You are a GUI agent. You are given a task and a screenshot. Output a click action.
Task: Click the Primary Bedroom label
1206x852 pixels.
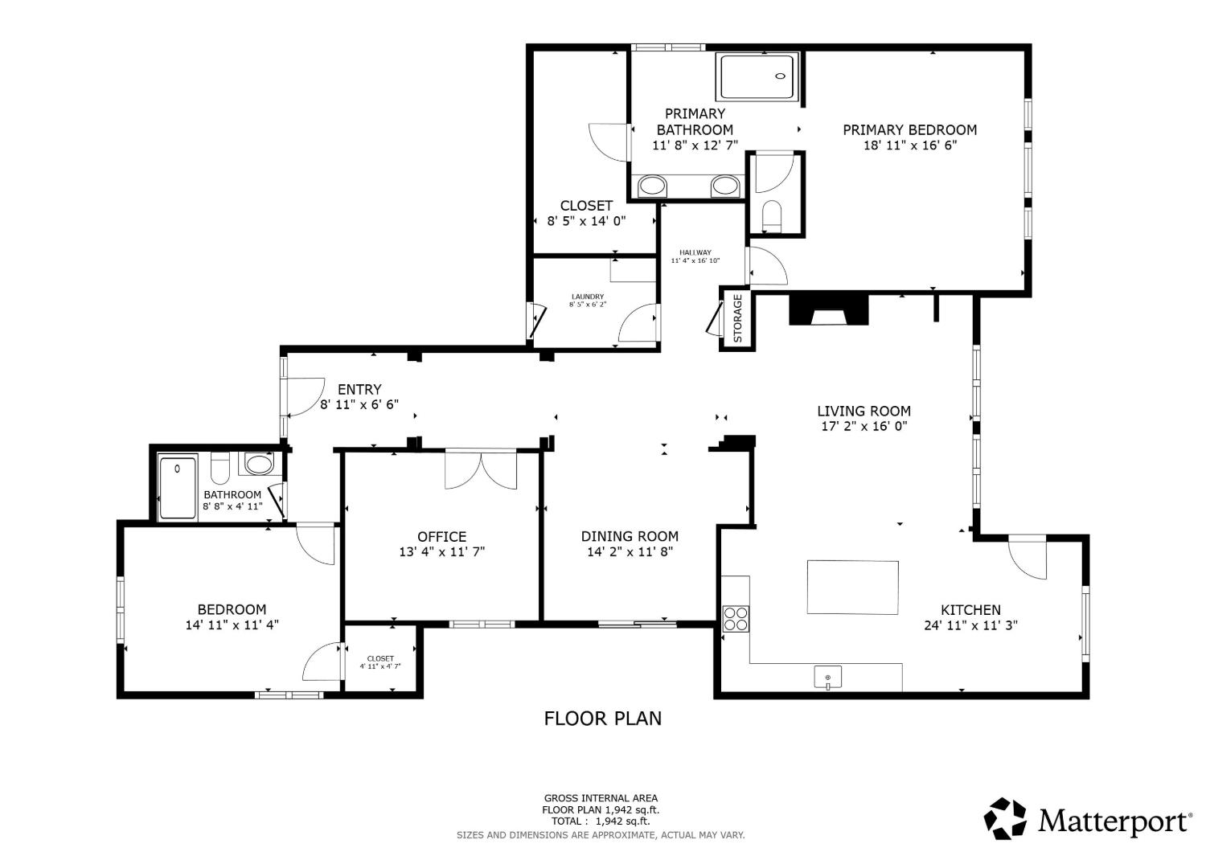point(909,129)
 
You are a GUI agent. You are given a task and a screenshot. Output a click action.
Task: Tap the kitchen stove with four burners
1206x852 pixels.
point(736,618)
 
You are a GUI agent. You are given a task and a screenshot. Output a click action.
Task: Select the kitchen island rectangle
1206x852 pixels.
point(852,588)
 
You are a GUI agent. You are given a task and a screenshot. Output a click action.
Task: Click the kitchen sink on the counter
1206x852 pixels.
point(827,678)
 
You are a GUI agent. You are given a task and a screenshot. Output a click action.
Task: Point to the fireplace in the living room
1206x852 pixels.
point(829,309)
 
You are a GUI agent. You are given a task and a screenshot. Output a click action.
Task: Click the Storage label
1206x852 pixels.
point(737,318)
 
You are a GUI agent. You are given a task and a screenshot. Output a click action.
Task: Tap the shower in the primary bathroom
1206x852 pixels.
point(757,76)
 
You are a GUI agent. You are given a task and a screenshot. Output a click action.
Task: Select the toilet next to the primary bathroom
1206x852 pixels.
point(772,216)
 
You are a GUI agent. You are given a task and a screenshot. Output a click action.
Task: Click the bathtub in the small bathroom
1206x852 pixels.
point(178,488)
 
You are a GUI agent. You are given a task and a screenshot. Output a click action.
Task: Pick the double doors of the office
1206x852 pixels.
point(481,469)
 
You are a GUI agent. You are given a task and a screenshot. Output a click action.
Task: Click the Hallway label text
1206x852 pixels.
point(695,252)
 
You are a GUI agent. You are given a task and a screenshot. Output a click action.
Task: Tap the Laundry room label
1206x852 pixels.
point(588,297)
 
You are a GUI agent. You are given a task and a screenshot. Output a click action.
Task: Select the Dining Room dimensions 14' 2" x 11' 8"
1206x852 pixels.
point(630,551)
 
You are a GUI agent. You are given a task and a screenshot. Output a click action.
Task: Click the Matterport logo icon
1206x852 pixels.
point(1005,818)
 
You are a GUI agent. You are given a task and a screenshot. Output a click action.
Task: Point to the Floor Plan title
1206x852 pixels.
point(602,719)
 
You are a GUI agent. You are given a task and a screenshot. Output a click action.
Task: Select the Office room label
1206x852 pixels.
point(442,537)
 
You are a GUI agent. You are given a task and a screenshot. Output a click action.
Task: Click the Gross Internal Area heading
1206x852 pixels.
point(601,798)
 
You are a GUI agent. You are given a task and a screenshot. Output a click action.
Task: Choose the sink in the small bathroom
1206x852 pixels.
point(259,464)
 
